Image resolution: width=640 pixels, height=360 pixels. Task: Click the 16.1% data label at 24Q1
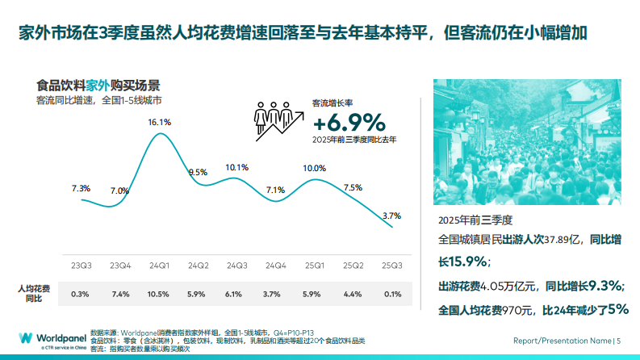pos(159,122)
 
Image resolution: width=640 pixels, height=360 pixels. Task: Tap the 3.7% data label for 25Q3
pos(392,216)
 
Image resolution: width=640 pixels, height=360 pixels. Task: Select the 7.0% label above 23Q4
pos(119,190)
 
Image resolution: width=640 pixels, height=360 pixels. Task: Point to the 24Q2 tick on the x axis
pos(198,266)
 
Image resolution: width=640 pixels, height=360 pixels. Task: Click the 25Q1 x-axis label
pos(314,266)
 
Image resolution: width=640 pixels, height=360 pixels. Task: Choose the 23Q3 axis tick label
pos(81,266)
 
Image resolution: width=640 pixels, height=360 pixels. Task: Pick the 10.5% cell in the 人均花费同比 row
pos(159,294)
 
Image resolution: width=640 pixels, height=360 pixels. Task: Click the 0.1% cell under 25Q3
pos(392,294)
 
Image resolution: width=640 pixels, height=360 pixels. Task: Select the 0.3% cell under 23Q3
pos(81,294)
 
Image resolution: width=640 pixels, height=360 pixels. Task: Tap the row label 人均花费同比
pos(34,294)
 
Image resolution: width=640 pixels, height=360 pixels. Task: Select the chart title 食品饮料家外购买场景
pos(98,85)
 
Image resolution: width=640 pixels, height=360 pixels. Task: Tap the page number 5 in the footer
pos(618,341)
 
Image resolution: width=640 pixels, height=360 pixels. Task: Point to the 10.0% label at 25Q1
pos(314,168)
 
